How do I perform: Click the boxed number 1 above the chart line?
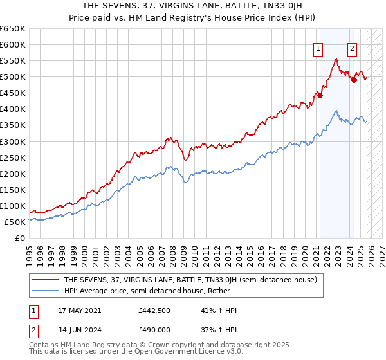[318, 48]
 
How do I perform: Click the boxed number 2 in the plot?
[352, 48]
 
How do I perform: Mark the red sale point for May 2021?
[320, 95]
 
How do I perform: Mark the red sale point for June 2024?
[354, 80]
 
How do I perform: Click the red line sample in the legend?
[46, 280]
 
